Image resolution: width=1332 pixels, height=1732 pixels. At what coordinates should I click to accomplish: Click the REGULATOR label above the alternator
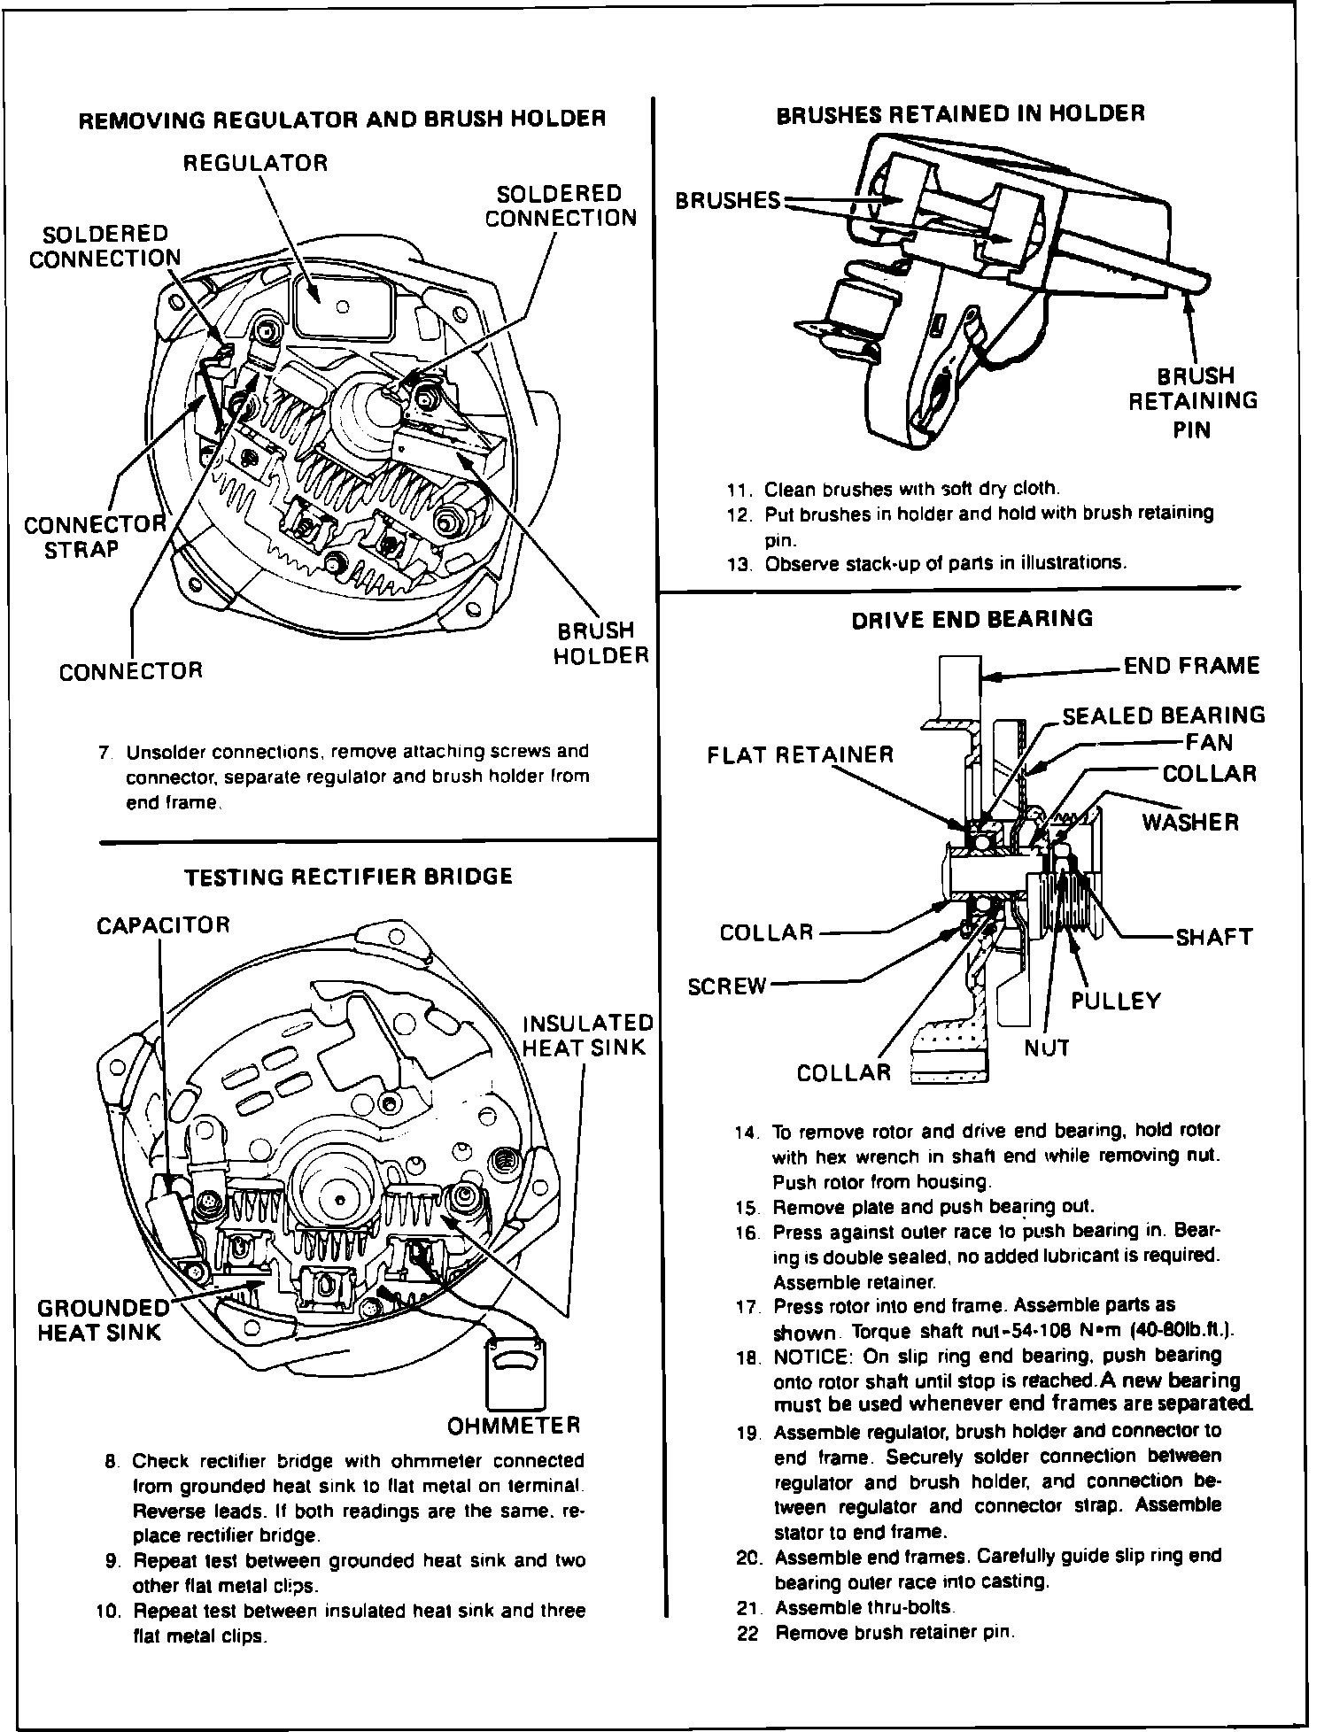click(255, 163)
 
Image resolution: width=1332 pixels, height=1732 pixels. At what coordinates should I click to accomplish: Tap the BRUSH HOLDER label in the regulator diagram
click(600, 643)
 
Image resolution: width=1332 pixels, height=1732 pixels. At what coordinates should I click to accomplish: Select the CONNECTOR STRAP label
click(94, 537)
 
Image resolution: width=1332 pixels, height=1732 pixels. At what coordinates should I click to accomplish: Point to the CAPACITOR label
click(163, 925)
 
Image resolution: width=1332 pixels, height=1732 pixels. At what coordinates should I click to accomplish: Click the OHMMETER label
click(514, 1426)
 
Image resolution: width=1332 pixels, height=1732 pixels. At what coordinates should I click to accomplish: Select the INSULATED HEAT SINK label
click(587, 1035)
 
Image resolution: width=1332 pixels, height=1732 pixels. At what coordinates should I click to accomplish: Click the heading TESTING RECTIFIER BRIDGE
click(348, 877)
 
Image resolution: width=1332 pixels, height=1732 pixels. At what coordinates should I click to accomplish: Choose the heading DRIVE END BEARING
click(972, 618)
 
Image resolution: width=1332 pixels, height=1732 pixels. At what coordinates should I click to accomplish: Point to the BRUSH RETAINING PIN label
click(1192, 401)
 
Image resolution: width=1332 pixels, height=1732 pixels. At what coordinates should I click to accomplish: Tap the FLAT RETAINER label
click(800, 754)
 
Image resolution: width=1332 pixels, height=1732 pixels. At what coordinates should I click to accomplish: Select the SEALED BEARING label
click(1164, 715)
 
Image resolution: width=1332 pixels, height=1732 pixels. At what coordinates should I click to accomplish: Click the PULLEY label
click(1115, 1001)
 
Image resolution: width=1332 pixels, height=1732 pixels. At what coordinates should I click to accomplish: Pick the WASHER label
click(1189, 822)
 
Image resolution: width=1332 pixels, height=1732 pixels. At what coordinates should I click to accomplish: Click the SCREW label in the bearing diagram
click(726, 986)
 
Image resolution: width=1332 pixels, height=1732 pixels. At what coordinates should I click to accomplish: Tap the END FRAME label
click(1191, 665)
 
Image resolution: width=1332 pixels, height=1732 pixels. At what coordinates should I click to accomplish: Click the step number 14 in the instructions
click(747, 1132)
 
